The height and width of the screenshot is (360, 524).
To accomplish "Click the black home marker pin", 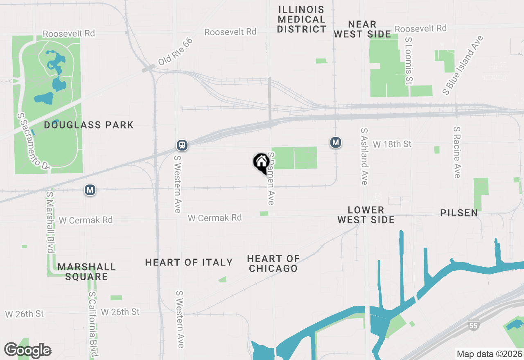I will (x=261, y=162).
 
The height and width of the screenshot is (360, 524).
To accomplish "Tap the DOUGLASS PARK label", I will (x=89, y=125).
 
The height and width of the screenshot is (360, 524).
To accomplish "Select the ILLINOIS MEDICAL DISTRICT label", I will (x=302, y=19).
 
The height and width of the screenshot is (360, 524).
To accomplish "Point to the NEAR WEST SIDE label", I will (x=362, y=29).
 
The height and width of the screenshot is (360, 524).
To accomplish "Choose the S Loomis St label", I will (x=409, y=61).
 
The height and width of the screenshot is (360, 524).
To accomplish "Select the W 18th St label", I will (x=392, y=144).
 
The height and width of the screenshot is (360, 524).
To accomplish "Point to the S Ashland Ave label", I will (x=364, y=156).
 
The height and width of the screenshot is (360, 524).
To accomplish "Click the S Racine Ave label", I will (x=457, y=152).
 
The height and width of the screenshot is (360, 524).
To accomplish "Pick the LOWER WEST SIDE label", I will (x=366, y=215).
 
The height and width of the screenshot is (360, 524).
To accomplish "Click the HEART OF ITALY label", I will (x=189, y=262).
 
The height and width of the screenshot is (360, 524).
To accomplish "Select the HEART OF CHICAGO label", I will (x=273, y=263).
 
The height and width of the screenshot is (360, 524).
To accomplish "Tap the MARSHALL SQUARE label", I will (x=87, y=272).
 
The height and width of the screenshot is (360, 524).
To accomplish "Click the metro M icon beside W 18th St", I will (x=336, y=142).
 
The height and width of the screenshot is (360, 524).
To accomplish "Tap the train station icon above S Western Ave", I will (x=182, y=145).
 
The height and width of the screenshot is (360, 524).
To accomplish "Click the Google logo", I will (x=27, y=351).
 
